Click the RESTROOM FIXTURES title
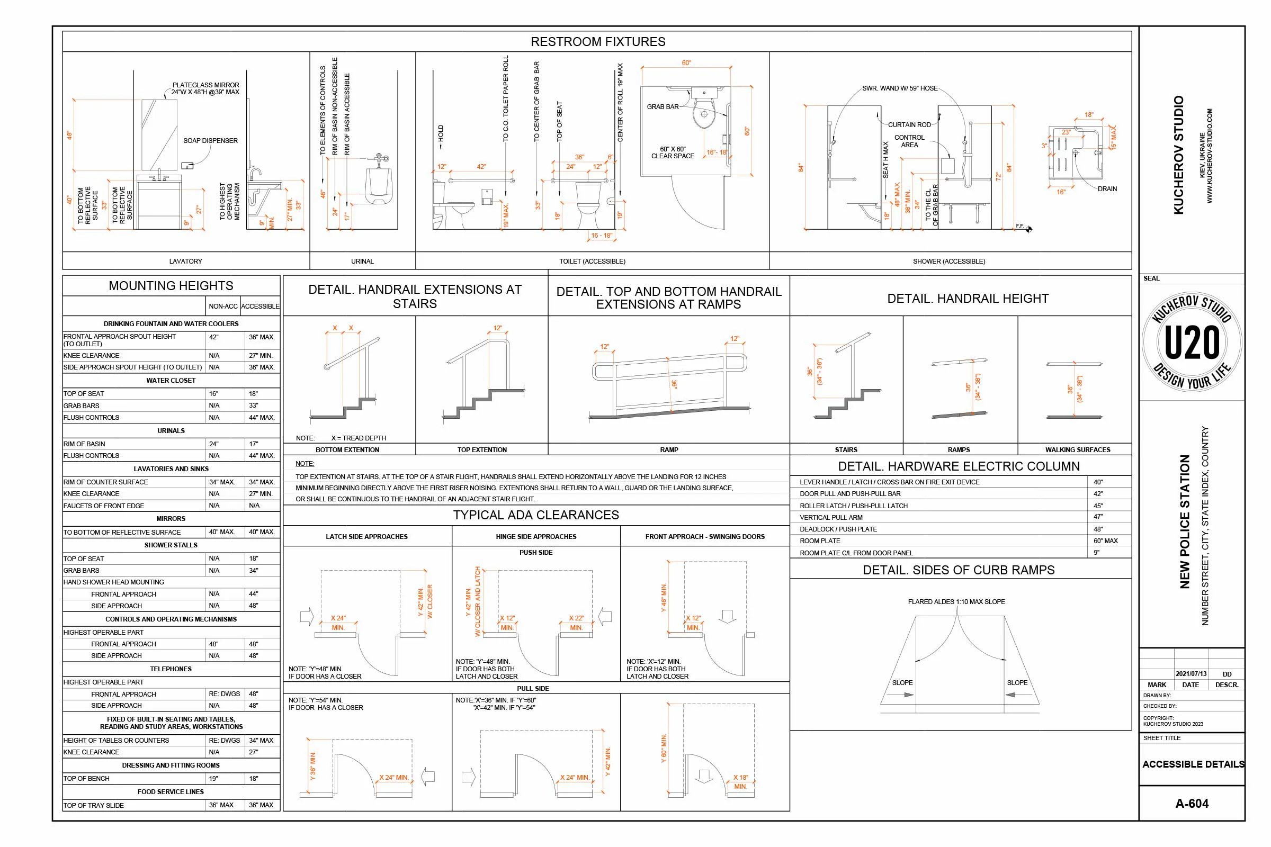coord(598,42)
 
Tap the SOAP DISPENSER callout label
coord(210,140)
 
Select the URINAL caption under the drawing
coord(362,262)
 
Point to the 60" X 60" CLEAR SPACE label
coord(672,152)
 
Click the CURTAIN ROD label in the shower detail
coord(909,125)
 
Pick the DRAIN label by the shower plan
coord(1107,188)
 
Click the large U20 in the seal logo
coord(1192,343)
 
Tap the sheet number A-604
coord(1192,803)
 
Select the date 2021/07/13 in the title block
coord(1191,674)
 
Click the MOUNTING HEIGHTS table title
coord(171,286)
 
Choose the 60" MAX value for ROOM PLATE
coord(1106,540)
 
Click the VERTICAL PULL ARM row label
coord(831,518)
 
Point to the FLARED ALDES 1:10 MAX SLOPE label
coord(956,602)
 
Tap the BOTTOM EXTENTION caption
coord(347,449)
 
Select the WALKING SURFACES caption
coord(1078,449)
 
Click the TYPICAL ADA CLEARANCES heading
coord(536,515)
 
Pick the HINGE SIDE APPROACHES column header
coord(536,536)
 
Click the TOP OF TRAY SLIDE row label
coord(94,805)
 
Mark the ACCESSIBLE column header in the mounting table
coord(260,307)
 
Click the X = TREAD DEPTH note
coord(359,438)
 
